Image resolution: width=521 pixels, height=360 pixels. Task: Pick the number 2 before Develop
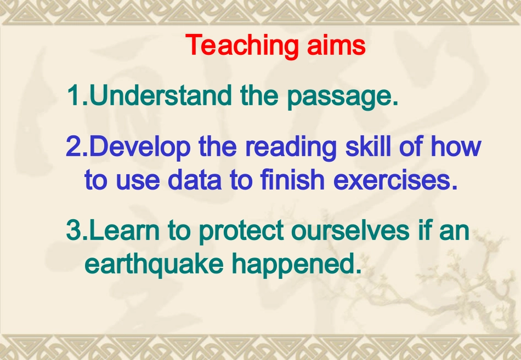click(73, 147)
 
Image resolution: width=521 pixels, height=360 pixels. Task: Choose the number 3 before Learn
click(73, 231)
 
